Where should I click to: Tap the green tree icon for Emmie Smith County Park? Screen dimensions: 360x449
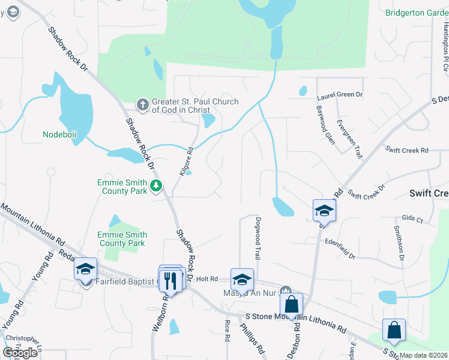[x=156, y=186]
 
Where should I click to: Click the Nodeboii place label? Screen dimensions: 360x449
[x=59, y=134]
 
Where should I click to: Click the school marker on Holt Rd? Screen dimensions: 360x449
[x=242, y=280]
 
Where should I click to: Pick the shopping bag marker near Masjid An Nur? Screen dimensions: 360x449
[x=291, y=304]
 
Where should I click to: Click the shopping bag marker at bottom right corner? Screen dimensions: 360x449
[x=394, y=330]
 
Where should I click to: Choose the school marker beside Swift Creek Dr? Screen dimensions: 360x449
[x=324, y=211]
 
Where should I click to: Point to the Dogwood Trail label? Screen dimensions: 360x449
[x=258, y=238]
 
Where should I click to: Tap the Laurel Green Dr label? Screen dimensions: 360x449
[x=339, y=95]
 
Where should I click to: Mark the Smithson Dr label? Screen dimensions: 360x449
[x=397, y=244]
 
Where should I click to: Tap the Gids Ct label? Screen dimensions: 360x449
[x=413, y=219]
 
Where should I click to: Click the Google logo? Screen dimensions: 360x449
[x=20, y=353]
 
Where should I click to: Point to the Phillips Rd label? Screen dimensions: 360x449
[x=252, y=339]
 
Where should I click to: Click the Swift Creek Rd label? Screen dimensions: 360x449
[x=407, y=150]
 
